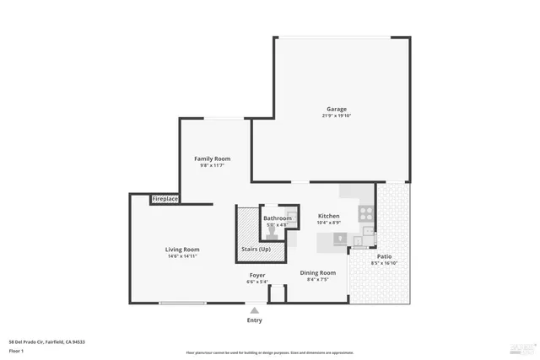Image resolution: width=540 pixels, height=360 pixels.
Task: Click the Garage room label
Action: (337, 109)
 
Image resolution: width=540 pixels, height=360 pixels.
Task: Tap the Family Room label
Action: (212, 159)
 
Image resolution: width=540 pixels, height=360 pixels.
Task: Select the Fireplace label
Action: (165, 199)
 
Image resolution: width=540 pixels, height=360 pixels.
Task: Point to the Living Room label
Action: (181, 249)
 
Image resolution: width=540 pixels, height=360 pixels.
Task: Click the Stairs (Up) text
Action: (256, 250)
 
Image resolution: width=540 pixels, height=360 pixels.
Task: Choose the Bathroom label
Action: (277, 218)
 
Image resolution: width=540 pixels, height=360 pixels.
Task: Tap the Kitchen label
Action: (328, 216)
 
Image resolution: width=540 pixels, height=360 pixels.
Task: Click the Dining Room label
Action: (318, 272)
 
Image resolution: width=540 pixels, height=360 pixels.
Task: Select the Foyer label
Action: (257, 275)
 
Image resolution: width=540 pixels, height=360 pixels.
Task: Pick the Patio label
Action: (384, 256)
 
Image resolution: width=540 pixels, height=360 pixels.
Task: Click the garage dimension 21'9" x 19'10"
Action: (337, 116)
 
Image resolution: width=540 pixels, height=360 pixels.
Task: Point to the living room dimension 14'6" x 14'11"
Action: (181, 256)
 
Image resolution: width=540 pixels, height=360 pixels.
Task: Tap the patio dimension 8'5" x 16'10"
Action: (384, 263)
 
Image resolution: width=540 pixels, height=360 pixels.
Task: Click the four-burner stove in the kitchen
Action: (366, 213)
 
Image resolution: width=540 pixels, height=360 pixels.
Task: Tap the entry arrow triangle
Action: (254, 311)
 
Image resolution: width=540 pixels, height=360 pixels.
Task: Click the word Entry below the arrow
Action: (254, 320)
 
